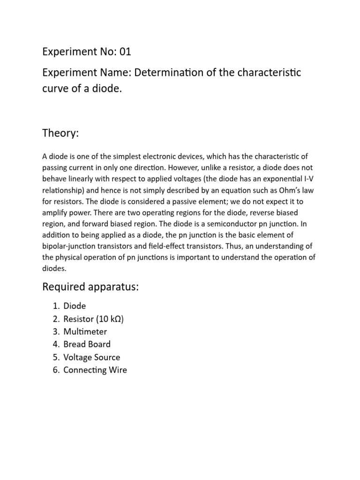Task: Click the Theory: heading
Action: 60,134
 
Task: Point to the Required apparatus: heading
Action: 90,287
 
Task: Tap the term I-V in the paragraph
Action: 309,179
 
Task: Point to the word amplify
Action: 56,212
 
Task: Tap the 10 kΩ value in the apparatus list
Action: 110,319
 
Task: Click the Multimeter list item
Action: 85,332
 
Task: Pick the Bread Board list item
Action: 87,345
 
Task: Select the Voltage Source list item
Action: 92,357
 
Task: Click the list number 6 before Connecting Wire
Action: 55,370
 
